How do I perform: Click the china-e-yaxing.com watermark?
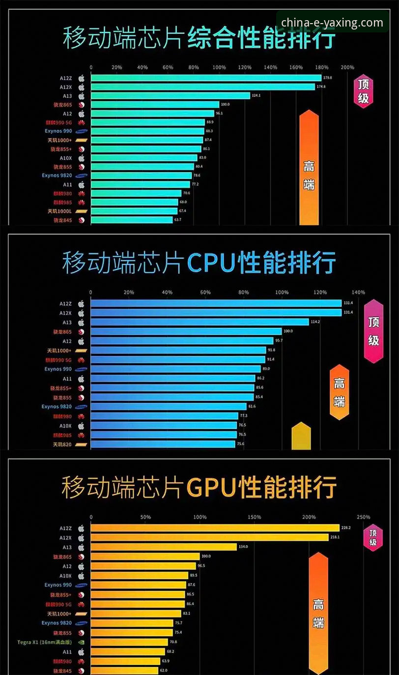click(332, 23)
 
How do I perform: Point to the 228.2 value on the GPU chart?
click(345, 528)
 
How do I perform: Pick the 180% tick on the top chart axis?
click(321, 67)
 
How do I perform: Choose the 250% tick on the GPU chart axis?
click(364, 517)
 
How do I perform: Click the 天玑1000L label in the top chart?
click(59, 211)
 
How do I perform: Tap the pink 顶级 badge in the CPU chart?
click(373, 331)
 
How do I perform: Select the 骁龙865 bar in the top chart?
click(155, 105)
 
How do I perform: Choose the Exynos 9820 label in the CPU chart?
click(57, 407)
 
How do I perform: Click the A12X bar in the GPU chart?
click(209, 537)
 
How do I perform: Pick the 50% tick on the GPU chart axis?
click(145, 517)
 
